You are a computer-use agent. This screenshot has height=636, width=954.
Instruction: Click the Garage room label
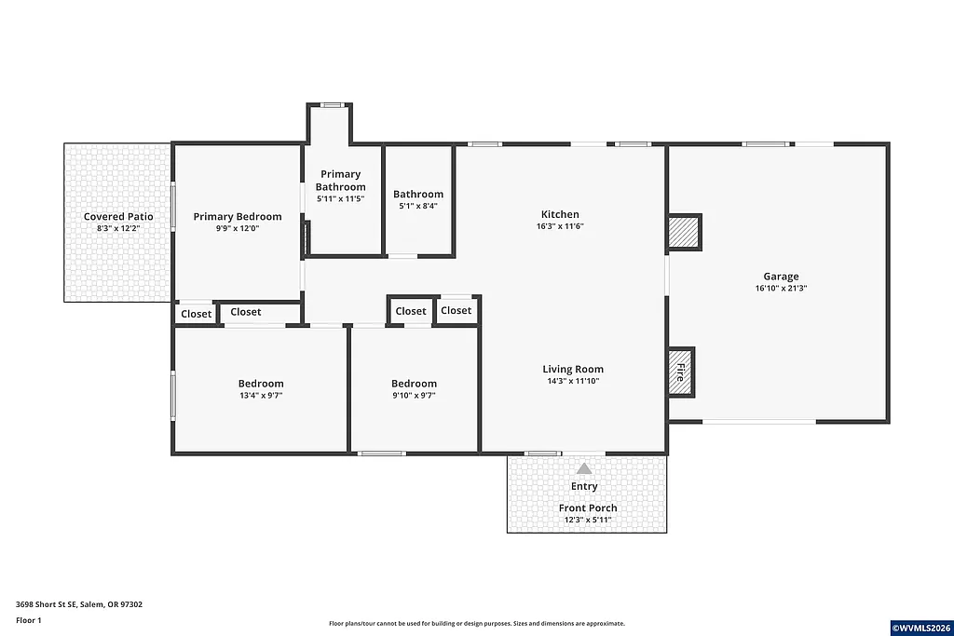point(781,277)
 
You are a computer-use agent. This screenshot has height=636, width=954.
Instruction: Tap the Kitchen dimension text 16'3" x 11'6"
point(560,226)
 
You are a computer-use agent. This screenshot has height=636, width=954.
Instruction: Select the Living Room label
point(573,369)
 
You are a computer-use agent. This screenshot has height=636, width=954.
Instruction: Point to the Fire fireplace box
point(680,372)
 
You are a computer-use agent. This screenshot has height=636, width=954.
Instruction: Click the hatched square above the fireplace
point(684,233)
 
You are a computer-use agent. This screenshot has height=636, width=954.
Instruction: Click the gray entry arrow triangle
point(584,468)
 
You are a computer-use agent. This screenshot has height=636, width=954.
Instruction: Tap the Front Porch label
point(588,507)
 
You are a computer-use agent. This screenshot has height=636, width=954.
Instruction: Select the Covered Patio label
point(118,217)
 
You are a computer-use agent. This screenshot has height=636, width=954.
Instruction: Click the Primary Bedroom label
point(238,217)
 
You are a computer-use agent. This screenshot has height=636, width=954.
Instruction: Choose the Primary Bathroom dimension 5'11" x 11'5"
point(341,199)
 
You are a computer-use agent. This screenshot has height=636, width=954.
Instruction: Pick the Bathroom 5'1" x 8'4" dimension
point(418,207)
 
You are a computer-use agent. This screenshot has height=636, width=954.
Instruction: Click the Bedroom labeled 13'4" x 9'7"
point(261,384)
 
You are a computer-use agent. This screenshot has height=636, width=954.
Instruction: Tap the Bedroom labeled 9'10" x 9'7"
point(414,384)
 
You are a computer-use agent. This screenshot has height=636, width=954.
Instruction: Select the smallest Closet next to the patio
point(196,314)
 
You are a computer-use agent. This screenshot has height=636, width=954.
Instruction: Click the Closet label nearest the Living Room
point(456,310)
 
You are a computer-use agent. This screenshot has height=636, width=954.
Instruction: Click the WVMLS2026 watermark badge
point(920,628)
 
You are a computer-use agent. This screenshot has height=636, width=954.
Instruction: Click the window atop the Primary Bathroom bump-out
point(331,105)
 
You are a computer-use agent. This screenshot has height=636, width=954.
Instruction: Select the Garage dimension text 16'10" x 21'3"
point(781,289)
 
